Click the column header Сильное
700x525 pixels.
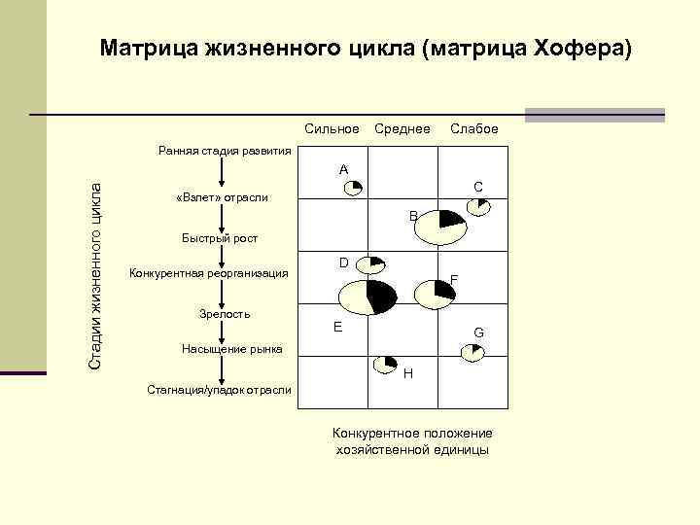(332, 129)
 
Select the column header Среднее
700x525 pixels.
(402, 129)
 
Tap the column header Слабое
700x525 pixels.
(473, 129)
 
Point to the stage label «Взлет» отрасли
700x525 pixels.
(220, 198)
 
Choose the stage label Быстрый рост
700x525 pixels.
(221, 237)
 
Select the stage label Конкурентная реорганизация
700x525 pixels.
(209, 274)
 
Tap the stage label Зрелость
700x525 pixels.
(225, 314)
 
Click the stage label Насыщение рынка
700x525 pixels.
(232, 349)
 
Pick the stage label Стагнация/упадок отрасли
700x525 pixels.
(219, 390)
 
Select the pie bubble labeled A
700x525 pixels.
(354, 186)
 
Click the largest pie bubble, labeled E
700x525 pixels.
(367, 297)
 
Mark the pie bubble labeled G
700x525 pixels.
(472, 352)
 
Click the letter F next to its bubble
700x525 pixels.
(454, 281)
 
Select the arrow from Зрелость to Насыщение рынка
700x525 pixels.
(223, 332)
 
